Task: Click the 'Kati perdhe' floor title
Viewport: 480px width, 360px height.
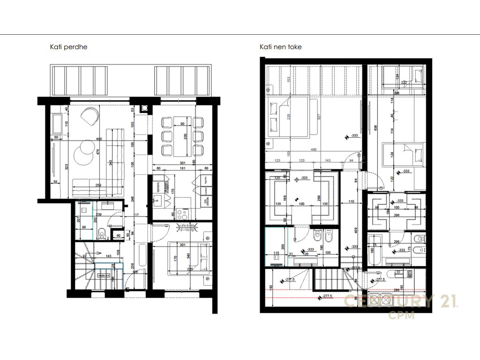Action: [x=68, y=47]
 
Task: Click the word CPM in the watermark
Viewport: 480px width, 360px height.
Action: [x=401, y=315]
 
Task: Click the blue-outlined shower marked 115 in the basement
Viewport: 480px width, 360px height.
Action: [x=276, y=246]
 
